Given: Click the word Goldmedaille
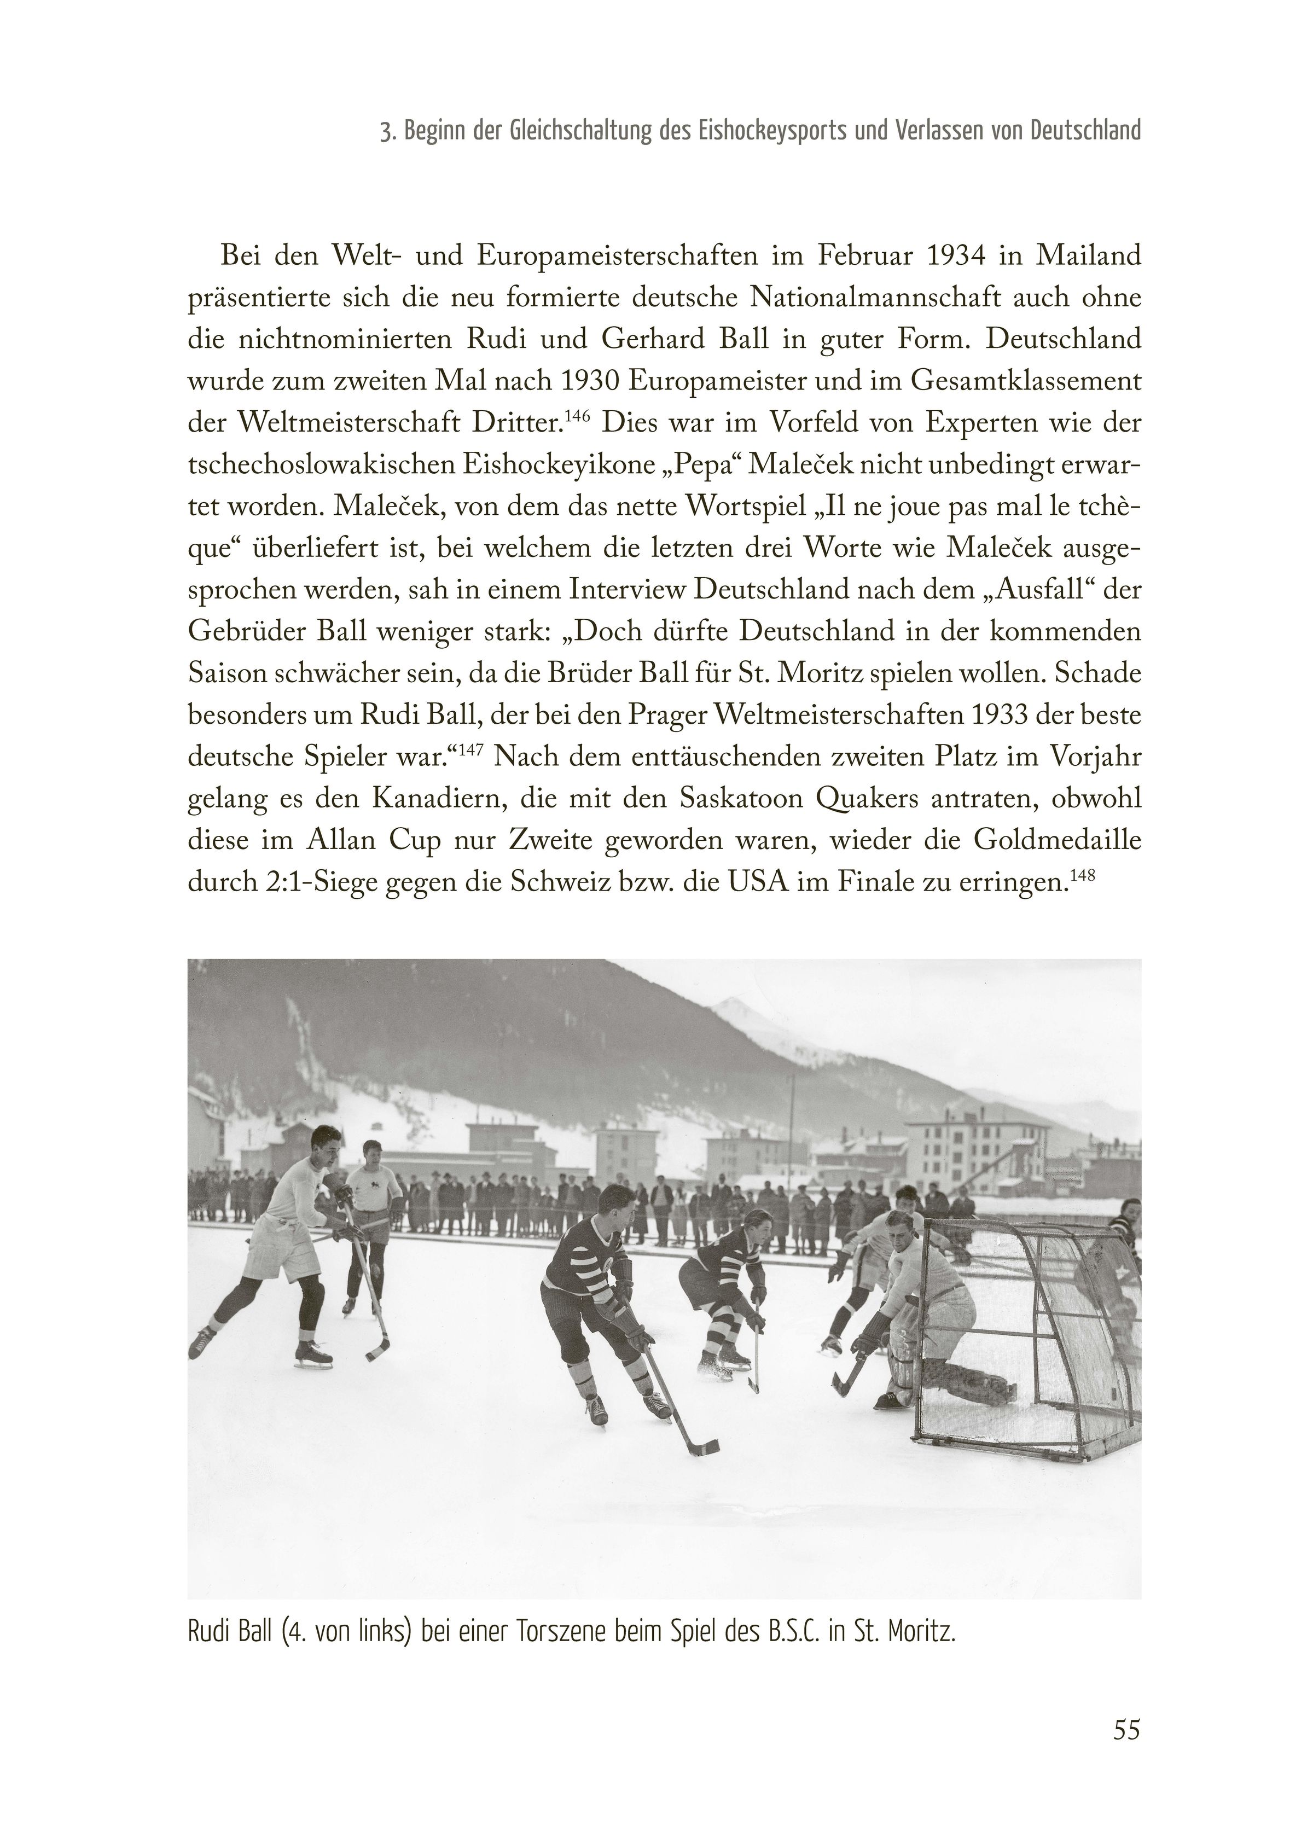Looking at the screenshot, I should tap(1058, 841).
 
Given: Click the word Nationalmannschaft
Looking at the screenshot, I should tap(871, 298).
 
